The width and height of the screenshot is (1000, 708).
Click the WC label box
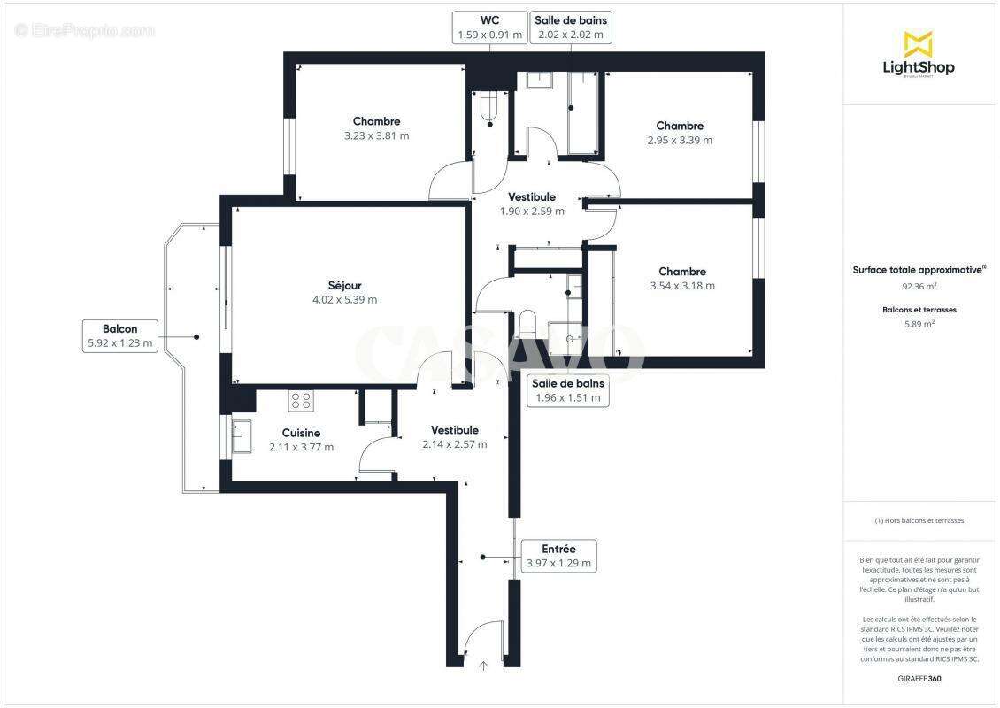(x=489, y=27)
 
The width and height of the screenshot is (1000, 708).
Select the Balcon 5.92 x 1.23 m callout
(x=119, y=336)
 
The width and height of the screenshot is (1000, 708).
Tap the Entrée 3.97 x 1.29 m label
(x=558, y=556)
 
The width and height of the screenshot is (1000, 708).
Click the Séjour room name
(x=345, y=285)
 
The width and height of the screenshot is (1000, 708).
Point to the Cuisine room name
(x=301, y=433)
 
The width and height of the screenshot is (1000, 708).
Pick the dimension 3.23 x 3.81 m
(x=376, y=135)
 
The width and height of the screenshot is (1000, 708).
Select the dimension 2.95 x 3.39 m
(x=680, y=140)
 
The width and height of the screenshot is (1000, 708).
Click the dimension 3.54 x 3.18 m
(x=681, y=286)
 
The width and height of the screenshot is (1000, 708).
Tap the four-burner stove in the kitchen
(x=300, y=400)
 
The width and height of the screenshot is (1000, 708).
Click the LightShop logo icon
(x=918, y=44)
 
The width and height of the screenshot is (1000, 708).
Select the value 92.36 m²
(x=919, y=287)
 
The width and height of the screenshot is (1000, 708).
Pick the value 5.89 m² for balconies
(x=919, y=324)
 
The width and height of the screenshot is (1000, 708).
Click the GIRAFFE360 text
(x=919, y=677)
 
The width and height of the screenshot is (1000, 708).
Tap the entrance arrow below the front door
(x=483, y=665)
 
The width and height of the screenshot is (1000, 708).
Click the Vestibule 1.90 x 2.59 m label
(x=532, y=204)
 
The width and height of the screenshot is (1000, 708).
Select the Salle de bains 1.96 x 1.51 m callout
(x=568, y=390)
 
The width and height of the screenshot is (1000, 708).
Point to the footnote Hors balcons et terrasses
(x=919, y=520)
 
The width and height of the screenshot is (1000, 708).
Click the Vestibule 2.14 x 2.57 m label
(x=455, y=437)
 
